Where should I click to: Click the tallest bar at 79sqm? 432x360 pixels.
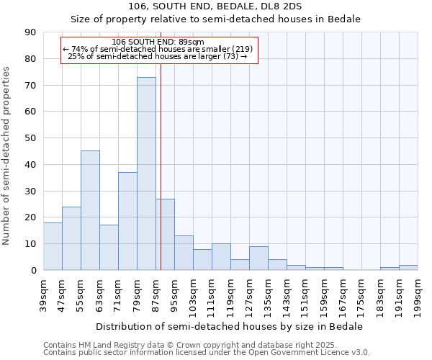(146, 174)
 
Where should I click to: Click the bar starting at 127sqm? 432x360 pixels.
(258, 258)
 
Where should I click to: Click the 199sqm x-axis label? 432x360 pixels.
(418, 294)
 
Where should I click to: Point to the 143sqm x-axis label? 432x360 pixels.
(287, 294)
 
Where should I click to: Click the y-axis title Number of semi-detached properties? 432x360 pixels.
(7, 155)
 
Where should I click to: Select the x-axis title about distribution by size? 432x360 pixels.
(230, 326)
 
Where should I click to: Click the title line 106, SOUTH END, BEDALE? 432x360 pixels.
(215, 6)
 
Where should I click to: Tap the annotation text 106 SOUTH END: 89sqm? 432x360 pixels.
(158, 42)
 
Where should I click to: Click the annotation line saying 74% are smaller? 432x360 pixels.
(158, 49)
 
